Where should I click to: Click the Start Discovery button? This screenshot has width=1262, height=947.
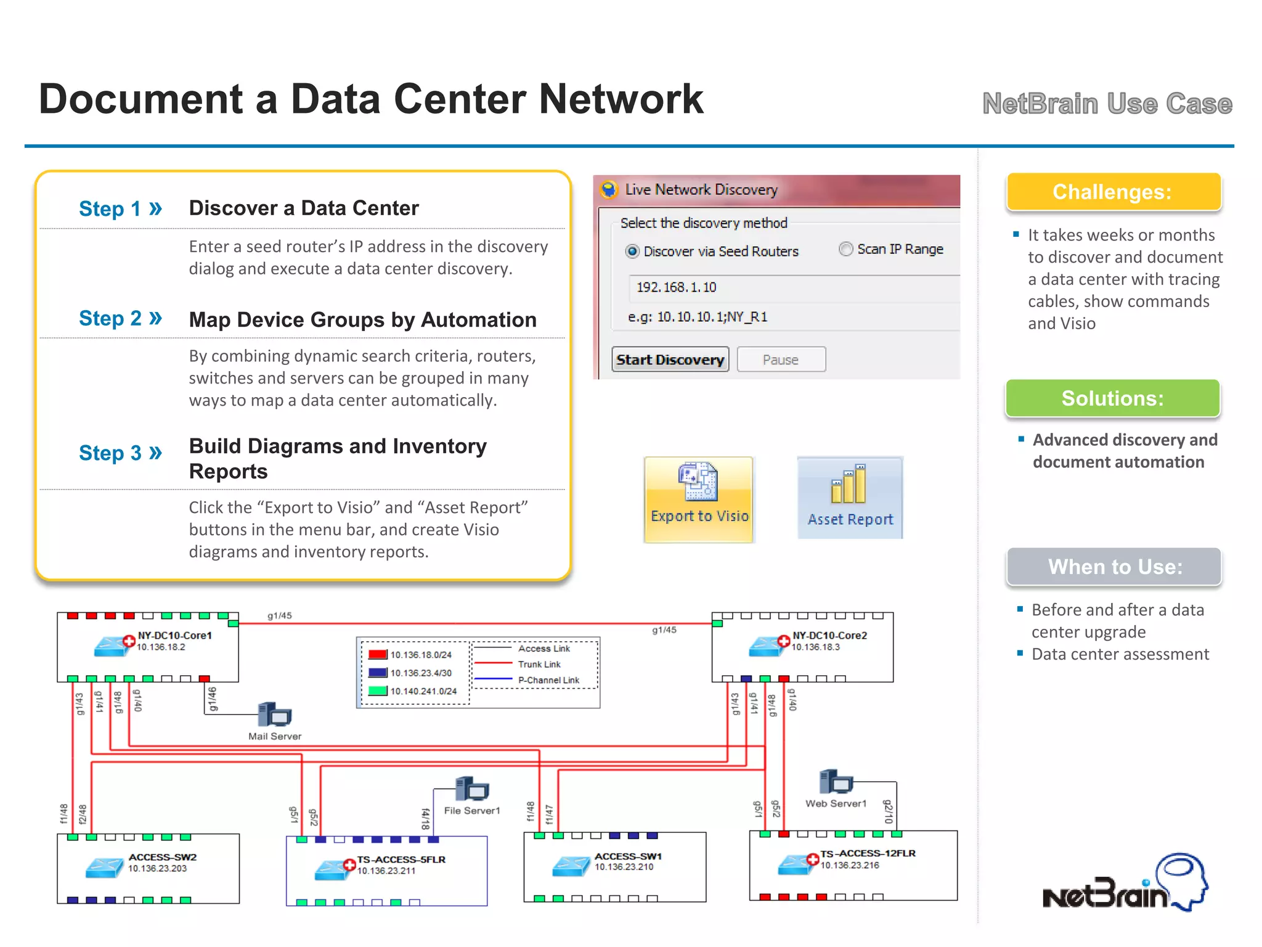pos(670,359)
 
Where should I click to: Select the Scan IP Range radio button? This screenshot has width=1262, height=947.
pos(846,249)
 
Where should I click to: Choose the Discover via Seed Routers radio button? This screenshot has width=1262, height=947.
pos(632,252)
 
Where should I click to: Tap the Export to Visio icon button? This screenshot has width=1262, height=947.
pos(699,499)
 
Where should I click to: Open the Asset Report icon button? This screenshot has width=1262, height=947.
pos(850,498)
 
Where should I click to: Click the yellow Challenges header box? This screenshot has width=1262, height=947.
pos(1113,192)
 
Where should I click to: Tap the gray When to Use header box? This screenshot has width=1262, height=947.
pos(1114,567)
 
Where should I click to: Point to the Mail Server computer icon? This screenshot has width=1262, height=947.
pos(275,715)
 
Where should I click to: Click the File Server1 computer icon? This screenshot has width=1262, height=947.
pos(472,789)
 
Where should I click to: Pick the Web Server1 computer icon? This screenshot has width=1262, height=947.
pos(836,782)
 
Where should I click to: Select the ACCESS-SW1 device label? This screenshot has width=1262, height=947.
pos(628,856)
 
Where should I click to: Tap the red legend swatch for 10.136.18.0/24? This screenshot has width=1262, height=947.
pos(377,655)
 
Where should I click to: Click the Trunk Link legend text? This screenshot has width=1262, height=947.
pos(539,665)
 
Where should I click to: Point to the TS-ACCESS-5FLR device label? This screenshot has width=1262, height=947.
pos(401,859)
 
